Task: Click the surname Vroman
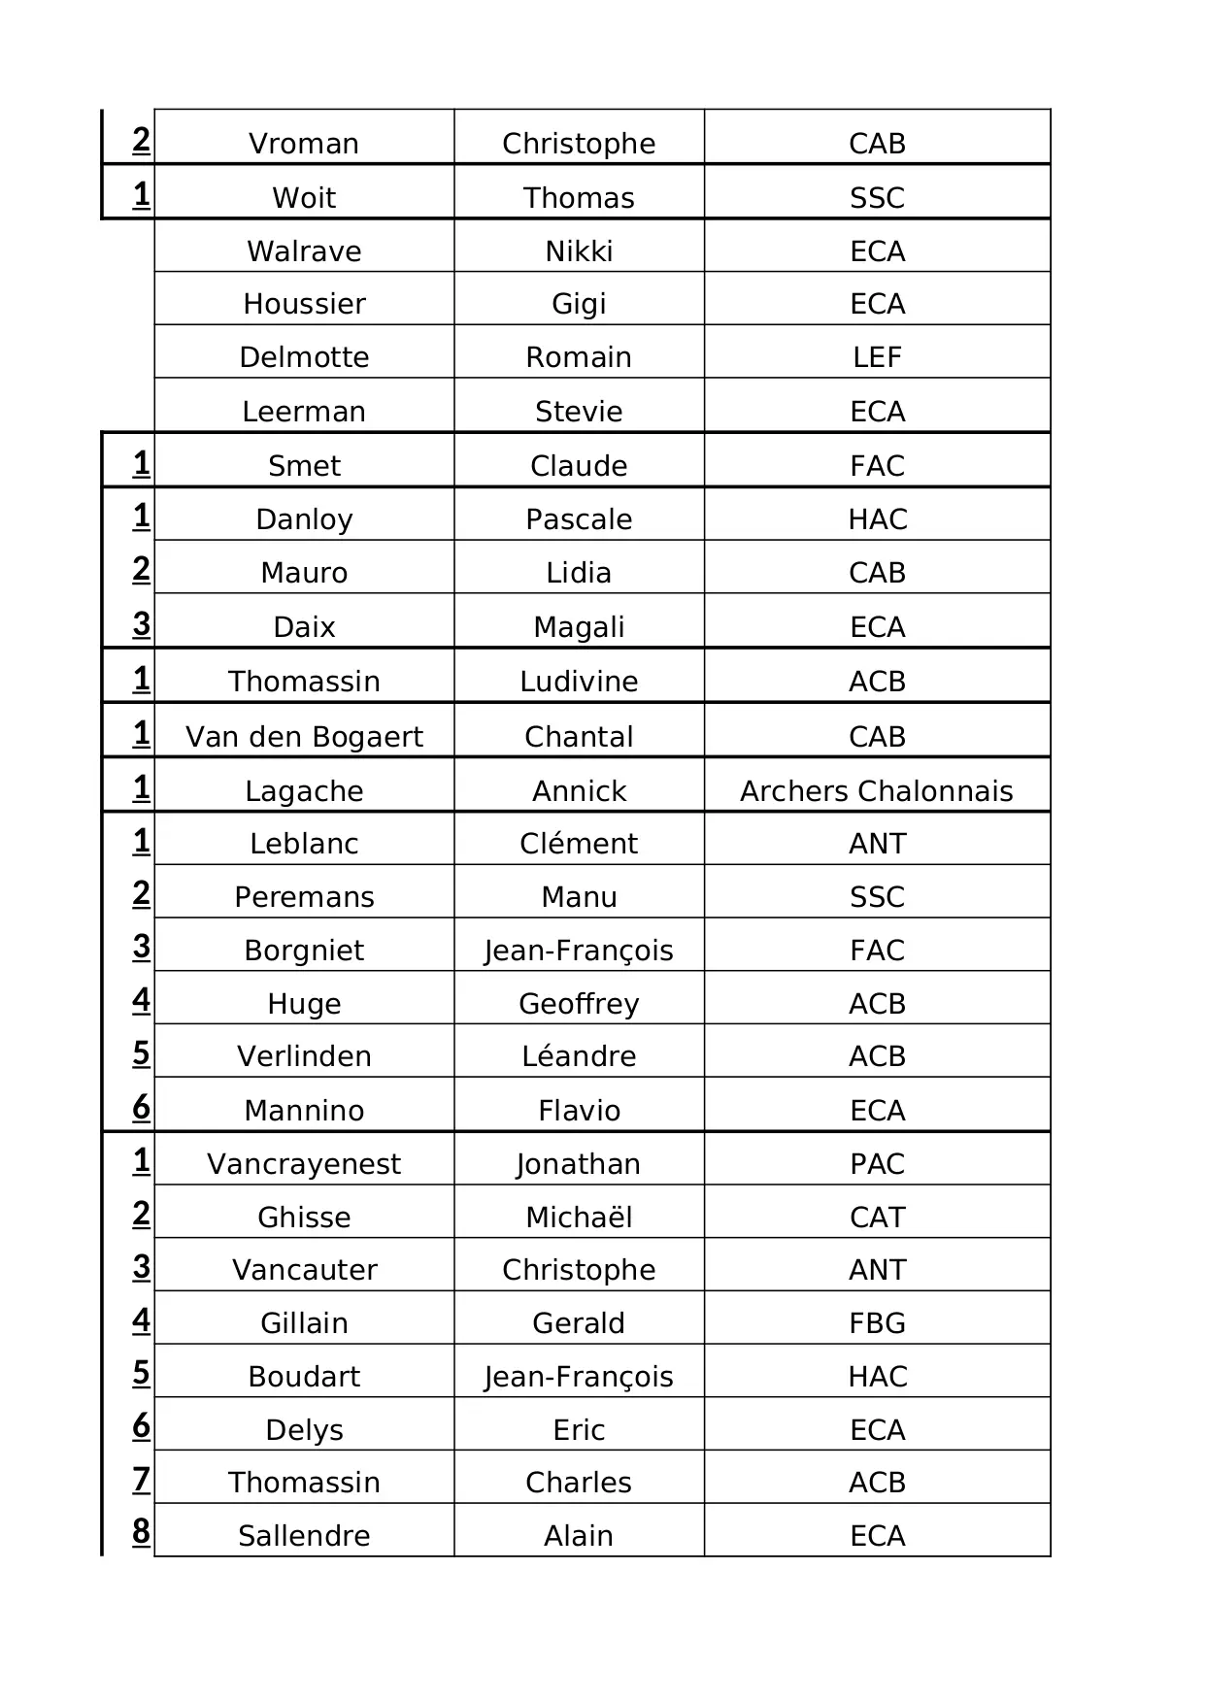(304, 144)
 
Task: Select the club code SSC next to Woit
(877, 198)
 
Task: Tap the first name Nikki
(579, 251)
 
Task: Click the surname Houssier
(304, 304)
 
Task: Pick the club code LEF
(877, 357)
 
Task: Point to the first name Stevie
(579, 412)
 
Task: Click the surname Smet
(304, 466)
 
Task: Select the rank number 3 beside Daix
(142, 623)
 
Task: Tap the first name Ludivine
(579, 682)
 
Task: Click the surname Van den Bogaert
(304, 737)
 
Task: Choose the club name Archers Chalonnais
(876, 791)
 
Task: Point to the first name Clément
(579, 844)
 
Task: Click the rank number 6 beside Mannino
(142, 1107)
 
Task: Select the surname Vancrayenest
(304, 1164)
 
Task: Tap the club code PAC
(877, 1164)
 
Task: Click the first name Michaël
(579, 1218)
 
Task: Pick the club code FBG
(877, 1323)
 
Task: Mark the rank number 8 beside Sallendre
(142, 1531)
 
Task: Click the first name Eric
(579, 1430)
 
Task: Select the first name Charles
(579, 1483)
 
